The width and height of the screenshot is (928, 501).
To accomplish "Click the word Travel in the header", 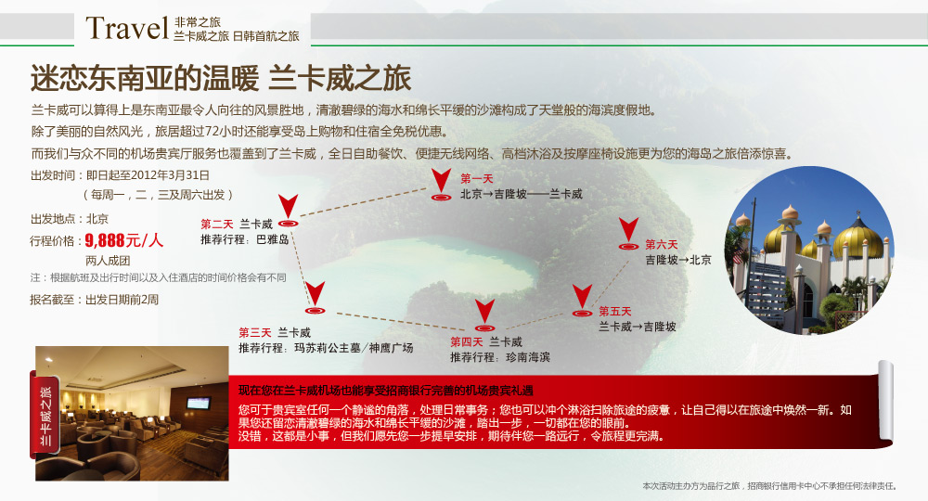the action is tap(127, 28).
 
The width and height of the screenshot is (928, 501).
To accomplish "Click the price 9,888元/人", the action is tap(123, 240).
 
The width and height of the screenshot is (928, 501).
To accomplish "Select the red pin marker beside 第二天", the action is tap(289, 212).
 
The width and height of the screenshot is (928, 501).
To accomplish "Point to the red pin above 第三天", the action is tap(315, 298).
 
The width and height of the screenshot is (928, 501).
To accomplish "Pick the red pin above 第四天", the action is tap(484, 315).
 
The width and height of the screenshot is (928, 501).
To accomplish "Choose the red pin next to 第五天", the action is tap(583, 302).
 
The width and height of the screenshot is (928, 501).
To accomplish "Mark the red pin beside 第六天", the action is tap(628, 234).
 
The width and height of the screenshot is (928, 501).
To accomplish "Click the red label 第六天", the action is tap(661, 244).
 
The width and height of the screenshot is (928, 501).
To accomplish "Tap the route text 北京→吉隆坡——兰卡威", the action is tap(522, 194).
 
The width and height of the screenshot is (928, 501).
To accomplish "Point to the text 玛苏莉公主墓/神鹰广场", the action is tap(354, 348).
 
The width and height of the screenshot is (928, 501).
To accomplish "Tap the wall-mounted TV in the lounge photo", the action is tap(198, 404).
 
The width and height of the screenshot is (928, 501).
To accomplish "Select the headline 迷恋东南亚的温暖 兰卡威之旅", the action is tap(221, 78).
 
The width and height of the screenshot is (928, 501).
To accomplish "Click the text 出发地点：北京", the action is tap(70, 219).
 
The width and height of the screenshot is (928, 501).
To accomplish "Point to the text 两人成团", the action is tap(108, 261).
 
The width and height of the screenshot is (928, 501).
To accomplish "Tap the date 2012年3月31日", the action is tap(171, 175).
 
